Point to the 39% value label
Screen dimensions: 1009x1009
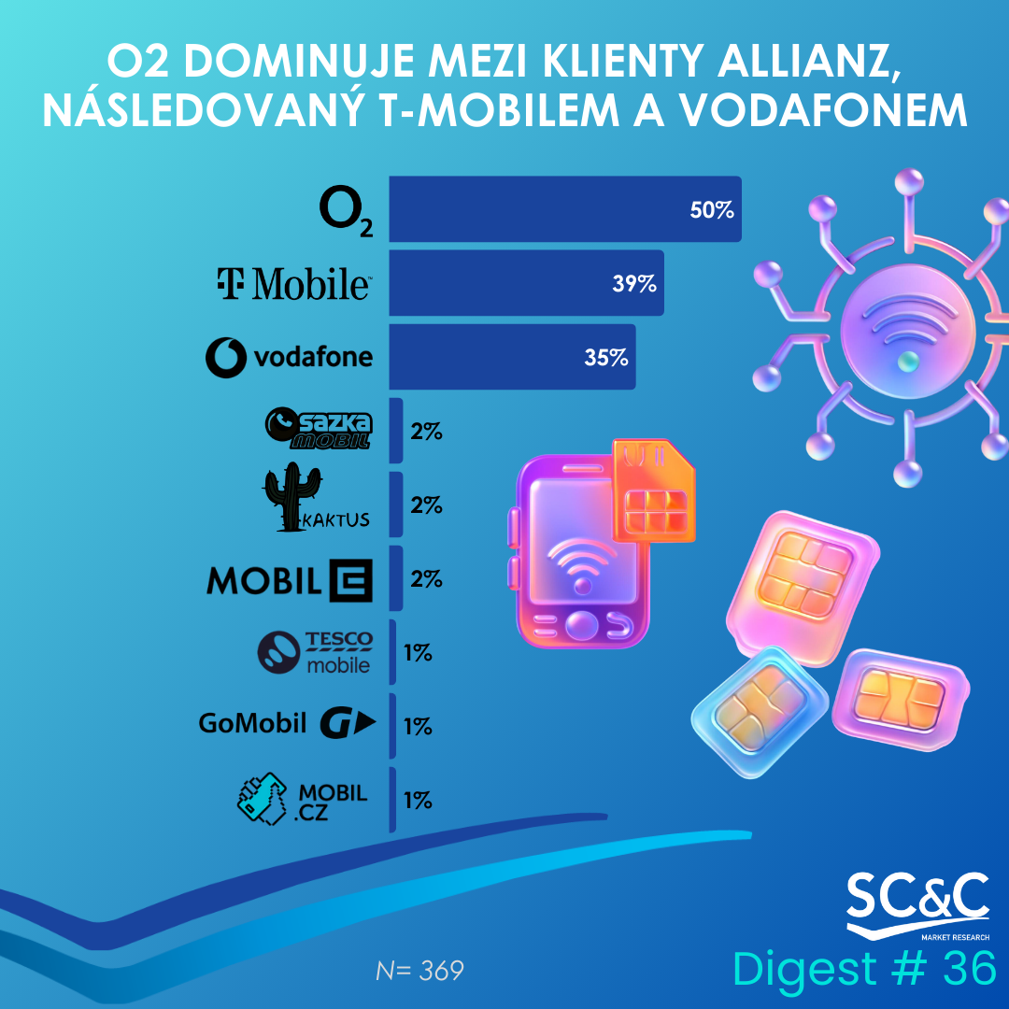634,283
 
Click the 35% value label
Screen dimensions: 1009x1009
606,357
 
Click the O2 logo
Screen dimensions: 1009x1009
346,212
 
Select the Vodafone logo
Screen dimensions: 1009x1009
289,357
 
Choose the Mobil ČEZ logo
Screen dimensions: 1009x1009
290,579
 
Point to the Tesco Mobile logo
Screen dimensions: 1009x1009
315,652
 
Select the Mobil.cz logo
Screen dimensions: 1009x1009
301,800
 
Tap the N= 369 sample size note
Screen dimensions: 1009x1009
419,971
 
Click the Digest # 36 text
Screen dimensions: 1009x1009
864,969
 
